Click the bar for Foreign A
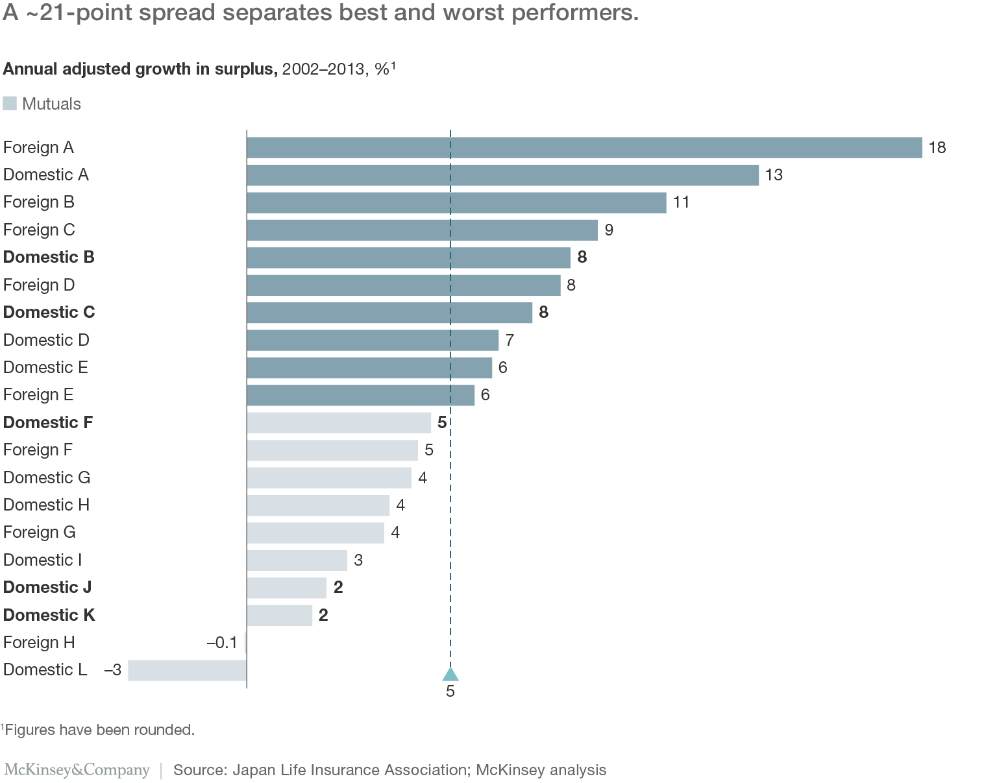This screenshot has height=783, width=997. tap(584, 147)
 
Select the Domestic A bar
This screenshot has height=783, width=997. tap(502, 175)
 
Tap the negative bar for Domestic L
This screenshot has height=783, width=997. tap(187, 670)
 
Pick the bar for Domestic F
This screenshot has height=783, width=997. tap(339, 423)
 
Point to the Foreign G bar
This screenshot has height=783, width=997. tap(315, 533)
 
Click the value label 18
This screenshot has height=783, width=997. tap(937, 148)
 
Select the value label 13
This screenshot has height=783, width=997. tap(774, 175)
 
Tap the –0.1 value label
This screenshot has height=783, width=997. tap(222, 643)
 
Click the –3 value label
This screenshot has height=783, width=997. tap(113, 670)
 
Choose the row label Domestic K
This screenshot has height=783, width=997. tap(49, 615)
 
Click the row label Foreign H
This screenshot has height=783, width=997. tap(39, 643)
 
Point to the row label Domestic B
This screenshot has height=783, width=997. tap(49, 258)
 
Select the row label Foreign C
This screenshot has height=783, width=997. tap(39, 230)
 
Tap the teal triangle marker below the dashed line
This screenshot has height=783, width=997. tap(450, 675)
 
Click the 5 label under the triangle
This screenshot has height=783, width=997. tap(450, 692)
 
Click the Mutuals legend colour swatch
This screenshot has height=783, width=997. tap(10, 103)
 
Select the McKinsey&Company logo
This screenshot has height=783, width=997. tap(77, 770)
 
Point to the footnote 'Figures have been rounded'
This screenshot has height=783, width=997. tap(99, 730)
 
